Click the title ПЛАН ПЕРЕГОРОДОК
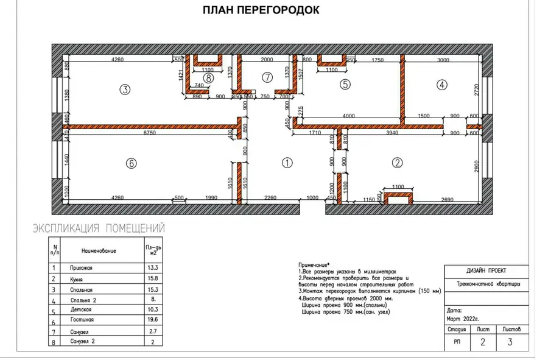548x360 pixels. click(x=260, y=10)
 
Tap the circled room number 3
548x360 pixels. click(x=125, y=90)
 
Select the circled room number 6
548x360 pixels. click(x=131, y=163)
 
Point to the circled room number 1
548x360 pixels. click(x=287, y=163)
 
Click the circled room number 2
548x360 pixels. click(x=397, y=163)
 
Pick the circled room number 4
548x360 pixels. click(x=441, y=85)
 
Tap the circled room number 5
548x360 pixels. click(x=345, y=85)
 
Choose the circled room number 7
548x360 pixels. click(x=266, y=77)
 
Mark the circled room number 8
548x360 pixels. click(x=208, y=77)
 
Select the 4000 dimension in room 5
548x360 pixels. click(x=348, y=116)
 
